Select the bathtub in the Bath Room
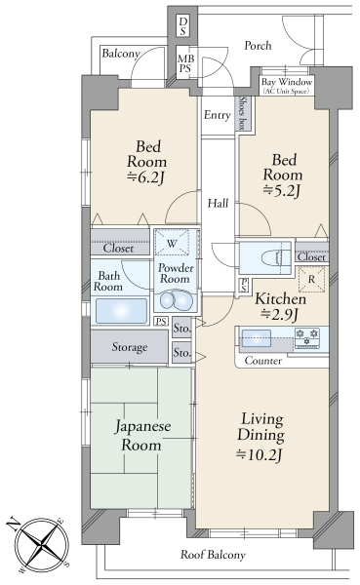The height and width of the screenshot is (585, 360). [121, 311]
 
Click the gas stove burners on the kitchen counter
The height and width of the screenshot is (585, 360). [306, 337]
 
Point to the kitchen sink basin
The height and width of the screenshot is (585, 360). [256, 338]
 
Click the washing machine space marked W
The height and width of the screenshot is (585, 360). [172, 243]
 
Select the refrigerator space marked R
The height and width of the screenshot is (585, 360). [311, 279]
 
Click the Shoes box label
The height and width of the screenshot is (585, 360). [242, 113]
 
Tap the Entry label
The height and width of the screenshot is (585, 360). [218, 115]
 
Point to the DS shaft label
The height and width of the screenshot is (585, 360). [182, 26]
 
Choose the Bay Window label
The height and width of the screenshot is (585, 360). [287, 82]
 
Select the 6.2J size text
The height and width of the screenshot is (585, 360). [145, 177]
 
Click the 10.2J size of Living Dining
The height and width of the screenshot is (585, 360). [260, 454]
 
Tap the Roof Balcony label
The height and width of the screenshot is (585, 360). [213, 555]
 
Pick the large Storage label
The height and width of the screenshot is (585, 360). [130, 347]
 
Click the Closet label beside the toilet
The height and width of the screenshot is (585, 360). [312, 257]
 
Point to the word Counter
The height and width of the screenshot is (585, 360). [263, 361]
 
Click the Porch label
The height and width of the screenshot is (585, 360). [258, 46]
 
